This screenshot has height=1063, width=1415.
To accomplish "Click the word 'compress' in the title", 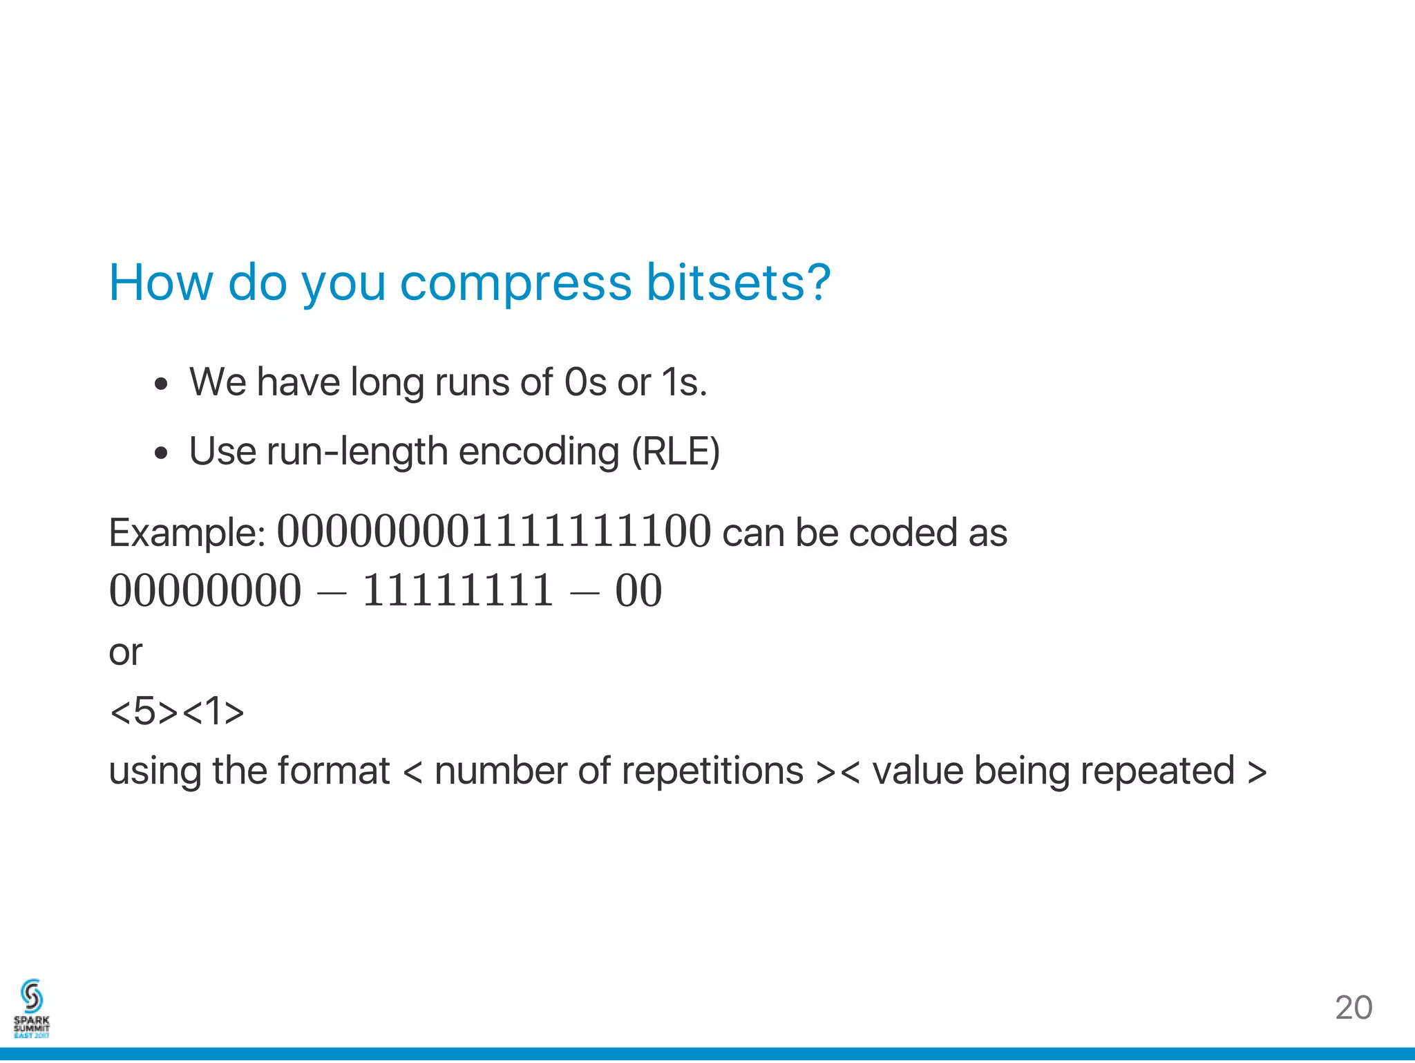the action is coord(515,283).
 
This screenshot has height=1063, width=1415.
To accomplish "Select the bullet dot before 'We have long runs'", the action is coord(161,384).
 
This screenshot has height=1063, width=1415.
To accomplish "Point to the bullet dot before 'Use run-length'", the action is coord(161,453).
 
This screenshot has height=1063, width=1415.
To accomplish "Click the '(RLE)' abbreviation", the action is coord(675,452).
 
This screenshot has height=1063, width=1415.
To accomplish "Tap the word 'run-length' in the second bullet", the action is coord(357,452).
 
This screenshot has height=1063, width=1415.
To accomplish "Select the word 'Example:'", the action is coord(187,534).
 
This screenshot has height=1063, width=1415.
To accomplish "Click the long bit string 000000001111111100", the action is coord(493,531).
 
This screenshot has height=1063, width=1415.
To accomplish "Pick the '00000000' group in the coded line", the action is coord(205,591).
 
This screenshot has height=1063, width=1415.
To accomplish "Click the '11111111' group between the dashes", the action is coord(457,591).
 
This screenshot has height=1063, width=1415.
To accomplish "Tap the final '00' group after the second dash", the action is coord(638,591).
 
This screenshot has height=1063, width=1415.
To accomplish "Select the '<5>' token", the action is coord(144,711).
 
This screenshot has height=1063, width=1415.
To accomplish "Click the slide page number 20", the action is coord(1353,1008).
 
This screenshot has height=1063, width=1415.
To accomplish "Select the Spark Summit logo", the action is coord(32,1008).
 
